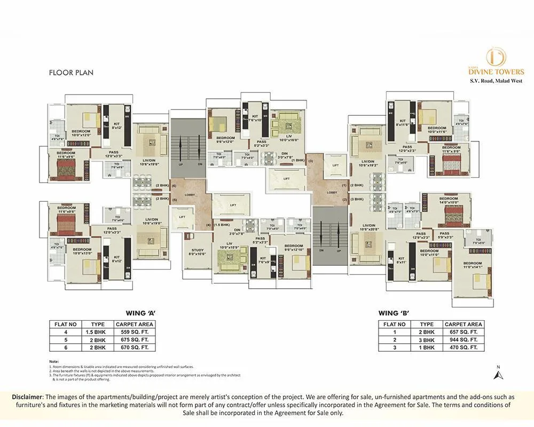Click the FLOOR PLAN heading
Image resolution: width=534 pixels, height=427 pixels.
[71, 73]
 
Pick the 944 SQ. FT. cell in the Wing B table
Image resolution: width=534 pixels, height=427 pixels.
[463, 339]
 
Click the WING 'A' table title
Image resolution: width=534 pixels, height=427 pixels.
[140, 313]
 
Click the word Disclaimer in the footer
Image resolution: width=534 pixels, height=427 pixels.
[27, 397]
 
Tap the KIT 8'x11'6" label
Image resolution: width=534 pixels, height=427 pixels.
[403, 123]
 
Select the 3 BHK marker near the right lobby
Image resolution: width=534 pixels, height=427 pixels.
[357, 199]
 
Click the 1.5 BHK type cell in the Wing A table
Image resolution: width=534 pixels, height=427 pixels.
[98, 332]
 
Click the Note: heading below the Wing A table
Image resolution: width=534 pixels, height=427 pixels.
[54, 361]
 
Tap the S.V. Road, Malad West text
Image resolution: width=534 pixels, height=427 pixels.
[496, 81]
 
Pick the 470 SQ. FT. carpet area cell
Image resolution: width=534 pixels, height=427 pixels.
[463, 347]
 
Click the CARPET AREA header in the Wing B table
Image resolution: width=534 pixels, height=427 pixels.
[463, 324]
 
